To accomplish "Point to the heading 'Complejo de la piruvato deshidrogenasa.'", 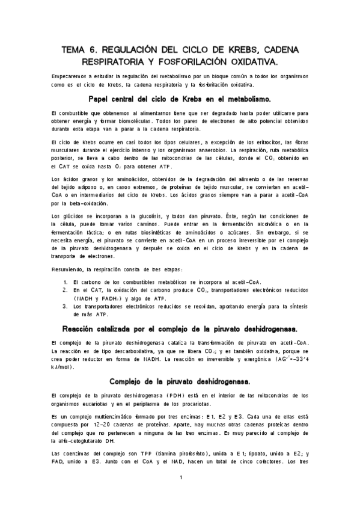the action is click(180, 381).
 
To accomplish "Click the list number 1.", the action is click(66, 281).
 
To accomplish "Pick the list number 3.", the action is click(66, 306).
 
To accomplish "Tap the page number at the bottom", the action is click(180, 477).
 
